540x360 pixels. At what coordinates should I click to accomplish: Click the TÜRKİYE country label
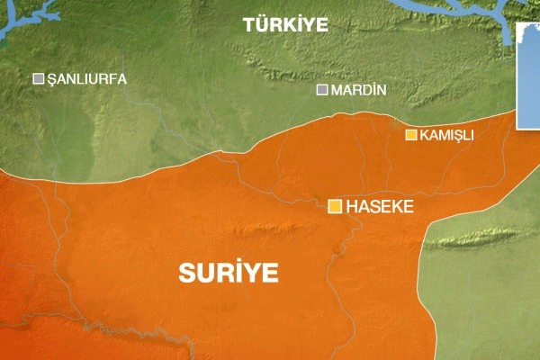pyautogui.click(x=285, y=26)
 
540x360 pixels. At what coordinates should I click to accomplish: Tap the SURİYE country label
pyautogui.click(x=229, y=273)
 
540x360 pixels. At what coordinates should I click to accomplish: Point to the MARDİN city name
pyautogui.click(x=358, y=90)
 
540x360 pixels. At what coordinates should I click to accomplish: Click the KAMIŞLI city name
pyautogui.click(x=447, y=136)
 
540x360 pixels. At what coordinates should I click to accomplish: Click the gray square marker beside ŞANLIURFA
pyautogui.click(x=39, y=79)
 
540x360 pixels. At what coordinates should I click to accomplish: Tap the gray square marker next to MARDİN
pyautogui.click(x=322, y=89)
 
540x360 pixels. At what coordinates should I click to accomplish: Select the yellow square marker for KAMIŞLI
pyautogui.click(x=411, y=135)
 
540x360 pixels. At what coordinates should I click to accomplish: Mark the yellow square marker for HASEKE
pyautogui.click(x=335, y=207)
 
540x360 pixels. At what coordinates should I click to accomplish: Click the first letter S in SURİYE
pyautogui.click(x=186, y=273)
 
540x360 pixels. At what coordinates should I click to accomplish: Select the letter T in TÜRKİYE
pyautogui.click(x=248, y=26)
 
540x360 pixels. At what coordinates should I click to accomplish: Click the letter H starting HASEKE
pyautogui.click(x=352, y=207)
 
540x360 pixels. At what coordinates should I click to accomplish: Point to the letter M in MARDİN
pyautogui.click(x=337, y=90)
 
